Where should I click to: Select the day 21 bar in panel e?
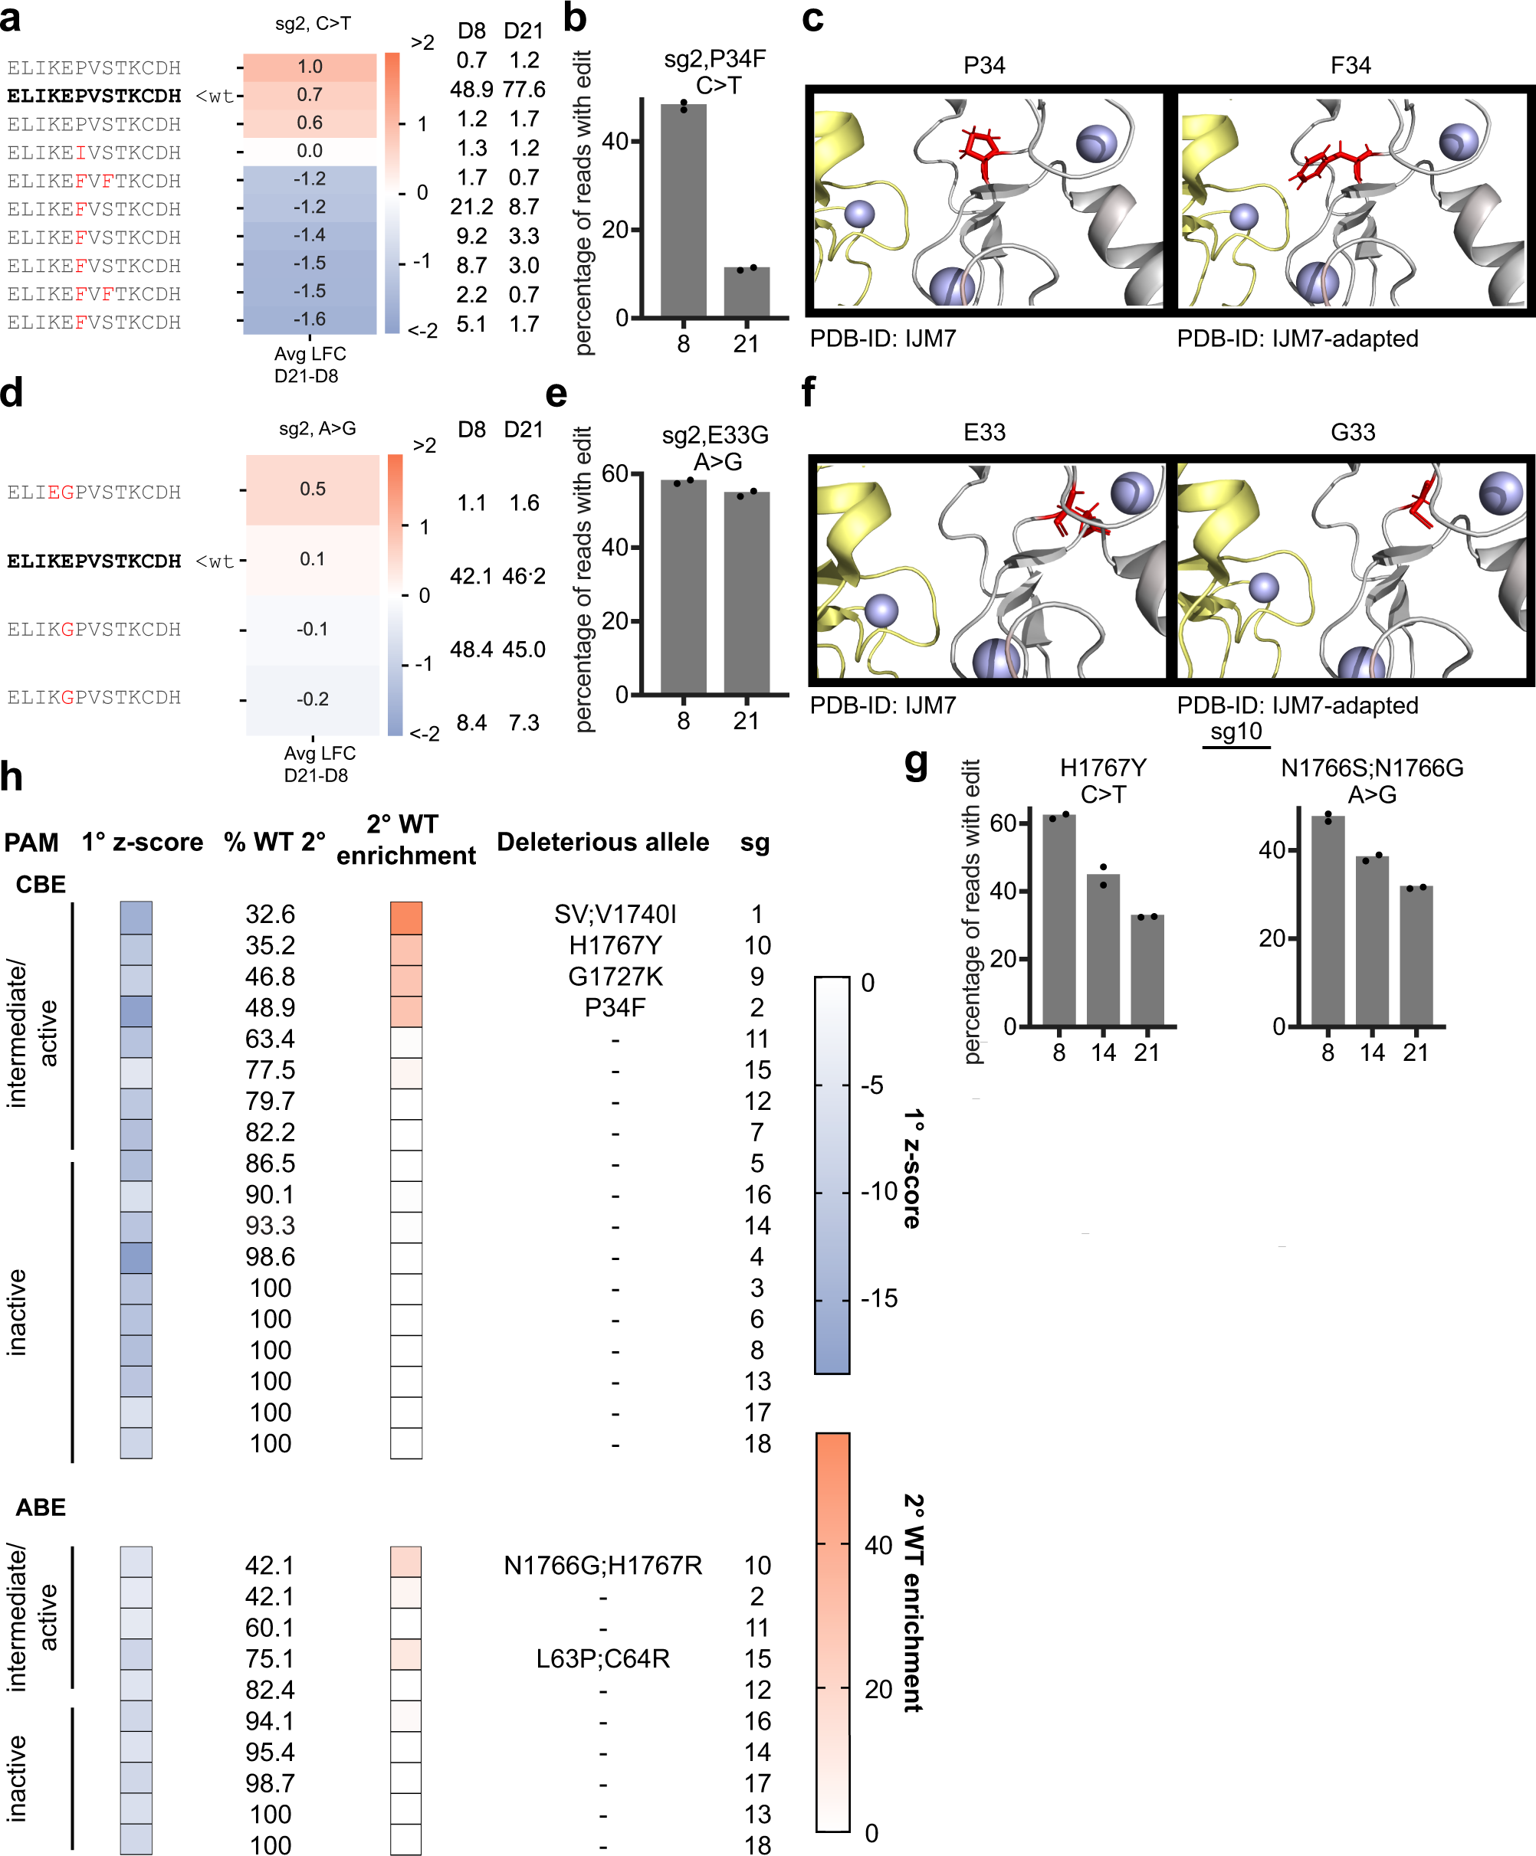coord(747,592)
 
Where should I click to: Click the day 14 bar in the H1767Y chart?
coord(1102,950)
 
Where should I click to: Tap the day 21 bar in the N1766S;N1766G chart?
coord(1415,956)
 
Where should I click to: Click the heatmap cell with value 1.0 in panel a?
coord(310,67)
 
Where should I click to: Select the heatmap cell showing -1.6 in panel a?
coord(310,319)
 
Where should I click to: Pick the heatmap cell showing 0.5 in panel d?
coord(312,489)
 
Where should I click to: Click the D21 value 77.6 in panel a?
coord(523,90)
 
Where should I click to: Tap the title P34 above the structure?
coord(983,65)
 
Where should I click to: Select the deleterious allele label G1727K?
coord(615,977)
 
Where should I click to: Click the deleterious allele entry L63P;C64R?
coord(602,1659)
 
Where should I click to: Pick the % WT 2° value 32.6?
coord(270,914)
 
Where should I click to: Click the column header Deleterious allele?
coord(602,843)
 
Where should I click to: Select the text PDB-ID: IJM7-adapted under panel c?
coord(1296,339)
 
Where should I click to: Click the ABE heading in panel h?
coord(41,1507)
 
